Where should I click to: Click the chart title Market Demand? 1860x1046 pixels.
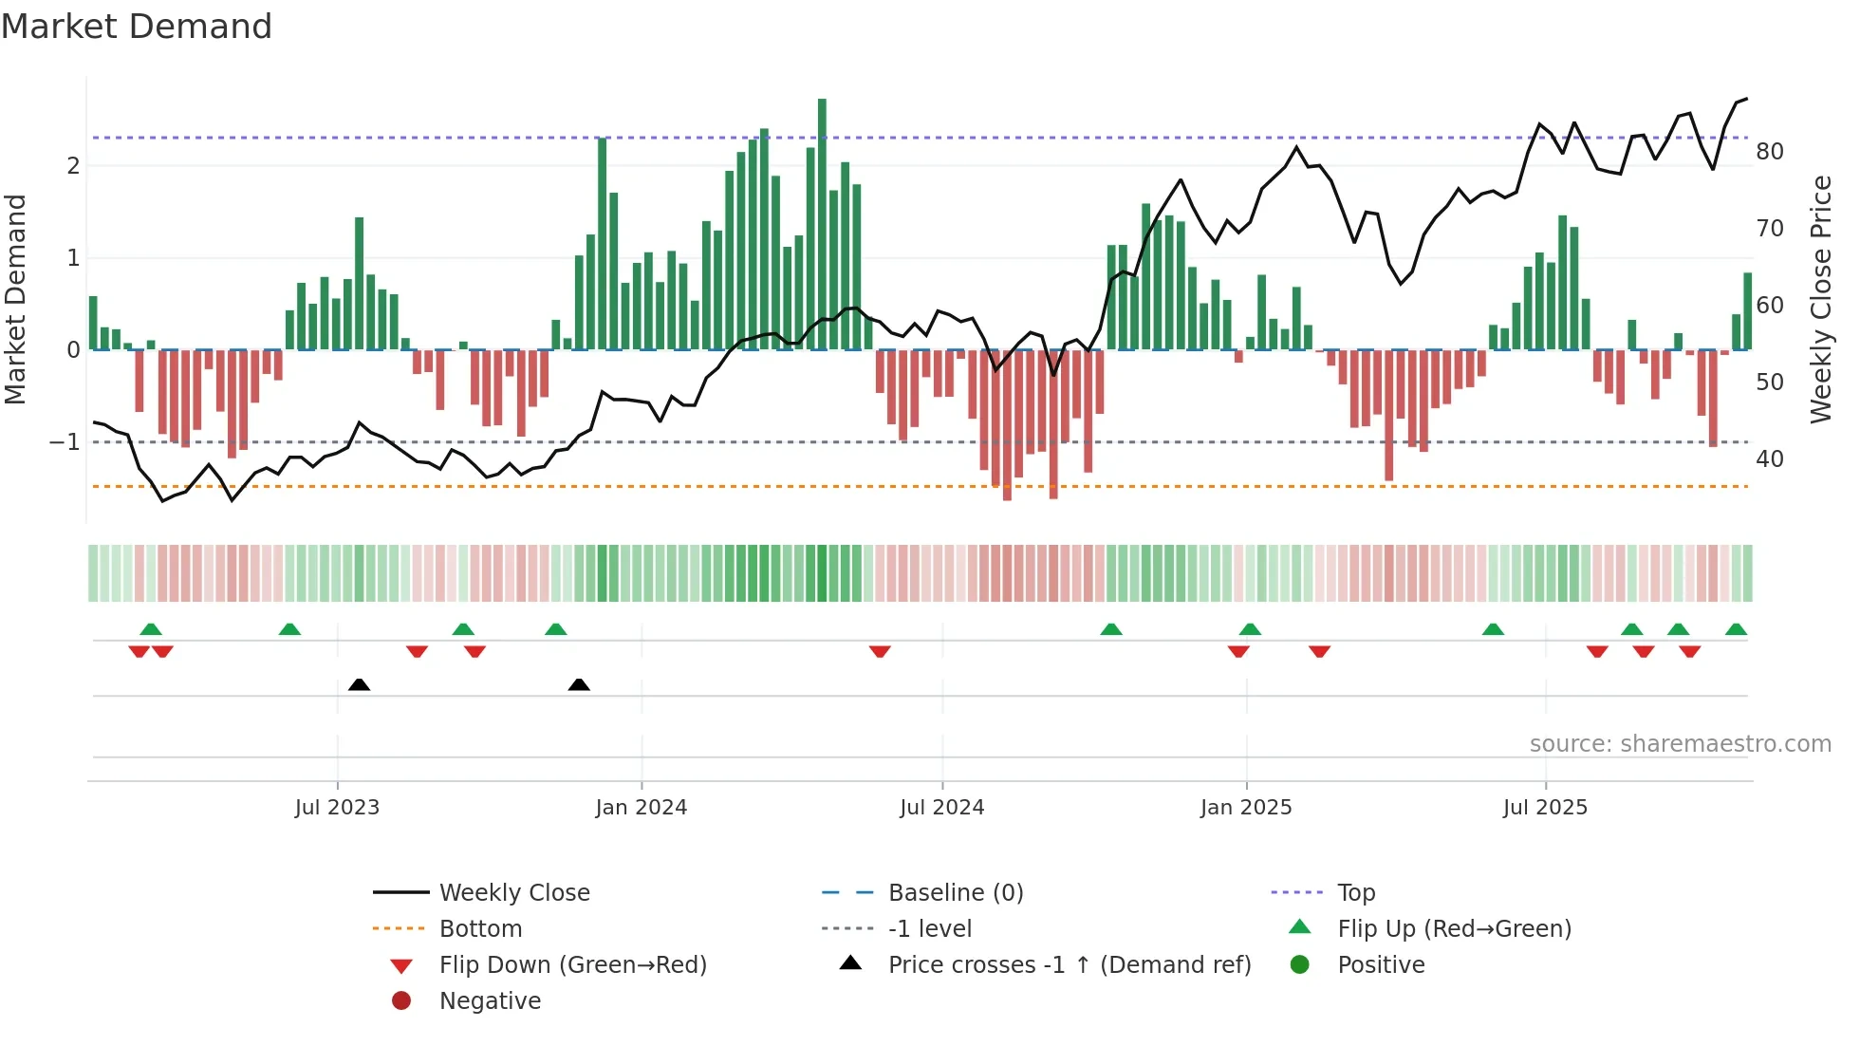(x=137, y=27)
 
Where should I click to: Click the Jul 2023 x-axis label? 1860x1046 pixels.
(x=337, y=808)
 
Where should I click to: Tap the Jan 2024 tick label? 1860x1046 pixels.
(x=641, y=808)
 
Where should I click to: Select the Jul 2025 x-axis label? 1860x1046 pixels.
(x=1545, y=808)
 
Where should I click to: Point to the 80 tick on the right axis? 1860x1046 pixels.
(x=1770, y=152)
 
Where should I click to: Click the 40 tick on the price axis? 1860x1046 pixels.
(x=1770, y=459)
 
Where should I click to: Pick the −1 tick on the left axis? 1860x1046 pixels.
(x=65, y=442)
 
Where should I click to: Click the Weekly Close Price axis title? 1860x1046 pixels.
(x=1821, y=299)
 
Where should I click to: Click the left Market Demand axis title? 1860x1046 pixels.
(x=16, y=299)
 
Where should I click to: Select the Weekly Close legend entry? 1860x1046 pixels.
(x=514, y=893)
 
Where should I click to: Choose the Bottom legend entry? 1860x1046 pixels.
(x=480, y=929)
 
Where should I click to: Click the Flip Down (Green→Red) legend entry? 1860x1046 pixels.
(x=572, y=965)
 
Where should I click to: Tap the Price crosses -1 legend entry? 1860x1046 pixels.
(x=1069, y=965)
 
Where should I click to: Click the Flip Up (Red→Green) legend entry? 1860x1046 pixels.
(x=1454, y=929)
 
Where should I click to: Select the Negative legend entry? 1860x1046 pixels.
(x=490, y=1001)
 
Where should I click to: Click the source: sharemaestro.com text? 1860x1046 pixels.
(x=1680, y=744)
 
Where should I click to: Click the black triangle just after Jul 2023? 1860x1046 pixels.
(x=359, y=684)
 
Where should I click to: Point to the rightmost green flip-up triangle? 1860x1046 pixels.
(x=1736, y=629)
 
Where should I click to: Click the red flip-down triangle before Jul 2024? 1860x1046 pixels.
(x=880, y=651)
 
